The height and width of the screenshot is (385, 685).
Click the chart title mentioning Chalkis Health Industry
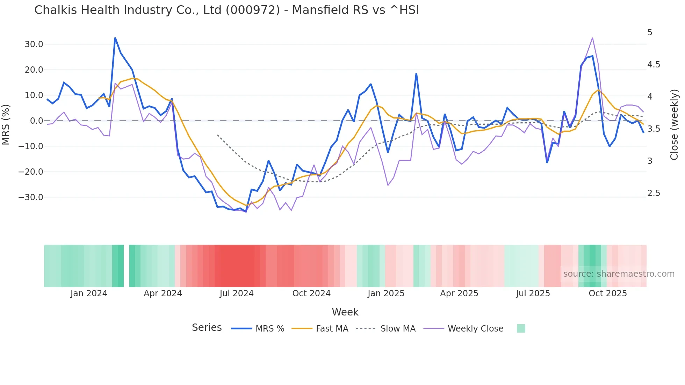[x=226, y=10]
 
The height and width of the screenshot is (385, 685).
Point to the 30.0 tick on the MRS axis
[x=34, y=44]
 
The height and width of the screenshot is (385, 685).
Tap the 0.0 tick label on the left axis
[x=36, y=121]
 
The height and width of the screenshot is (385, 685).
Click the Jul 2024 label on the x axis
[x=237, y=293]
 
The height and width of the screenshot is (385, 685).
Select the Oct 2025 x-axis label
[x=608, y=293]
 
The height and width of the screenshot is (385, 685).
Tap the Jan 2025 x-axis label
[x=386, y=293]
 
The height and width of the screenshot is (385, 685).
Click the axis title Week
[x=345, y=312]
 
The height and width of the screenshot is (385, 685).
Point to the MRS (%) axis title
[x=6, y=124]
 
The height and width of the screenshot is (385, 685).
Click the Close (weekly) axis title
[x=674, y=124]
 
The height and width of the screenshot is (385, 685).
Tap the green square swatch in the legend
[x=521, y=328]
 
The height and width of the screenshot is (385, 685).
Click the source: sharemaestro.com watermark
[x=619, y=274]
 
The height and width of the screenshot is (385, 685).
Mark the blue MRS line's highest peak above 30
[x=115, y=38]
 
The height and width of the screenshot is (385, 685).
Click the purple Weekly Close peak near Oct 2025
[x=592, y=38]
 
